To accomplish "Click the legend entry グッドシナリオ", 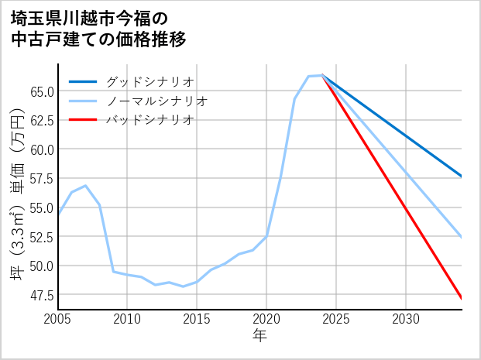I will (x=149, y=81).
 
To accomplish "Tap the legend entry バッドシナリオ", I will (x=149, y=120).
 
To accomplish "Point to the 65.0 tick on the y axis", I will (x=41, y=91).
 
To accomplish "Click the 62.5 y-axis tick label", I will (x=41, y=120).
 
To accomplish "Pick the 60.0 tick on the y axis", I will (x=41, y=149).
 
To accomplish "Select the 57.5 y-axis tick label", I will (x=41, y=178).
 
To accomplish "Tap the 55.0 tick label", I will (x=41, y=207).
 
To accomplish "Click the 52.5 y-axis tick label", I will (x=41, y=236).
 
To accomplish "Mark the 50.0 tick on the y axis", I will (x=41, y=266).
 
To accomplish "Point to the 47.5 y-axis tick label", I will (x=41, y=295).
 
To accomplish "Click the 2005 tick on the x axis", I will (x=58, y=319).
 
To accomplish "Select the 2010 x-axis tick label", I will (x=128, y=319).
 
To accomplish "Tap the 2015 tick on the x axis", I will (x=197, y=319).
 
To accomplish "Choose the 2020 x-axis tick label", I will (x=266, y=319).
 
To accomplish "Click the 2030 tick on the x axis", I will (x=406, y=319).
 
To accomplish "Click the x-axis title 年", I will (x=259, y=336).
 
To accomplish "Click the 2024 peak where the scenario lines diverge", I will (x=322, y=75).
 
